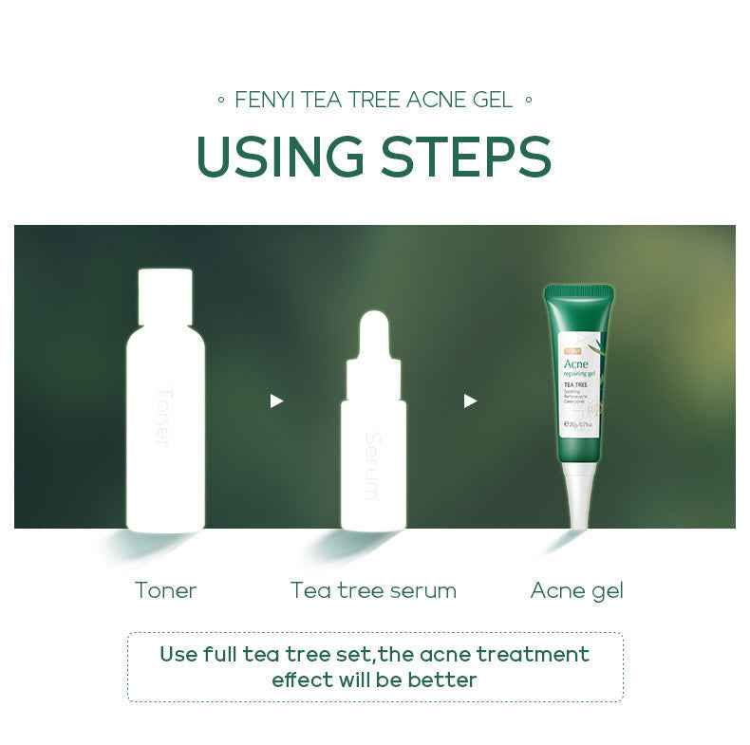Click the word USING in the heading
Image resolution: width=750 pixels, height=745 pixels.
[280, 157]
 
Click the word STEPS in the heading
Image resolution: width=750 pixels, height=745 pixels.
[465, 157]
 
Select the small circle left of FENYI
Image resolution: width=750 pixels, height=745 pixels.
[220, 100]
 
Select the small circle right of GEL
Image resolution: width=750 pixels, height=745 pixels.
[529, 100]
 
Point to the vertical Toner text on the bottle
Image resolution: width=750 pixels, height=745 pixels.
[162, 417]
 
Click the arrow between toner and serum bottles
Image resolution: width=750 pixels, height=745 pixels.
[276, 401]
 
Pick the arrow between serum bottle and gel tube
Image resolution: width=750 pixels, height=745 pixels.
[470, 401]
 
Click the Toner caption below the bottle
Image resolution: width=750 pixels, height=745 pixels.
[165, 590]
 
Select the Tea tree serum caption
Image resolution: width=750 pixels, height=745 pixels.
[373, 590]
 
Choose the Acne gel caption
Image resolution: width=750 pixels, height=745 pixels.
[576, 590]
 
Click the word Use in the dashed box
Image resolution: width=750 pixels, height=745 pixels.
[179, 655]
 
